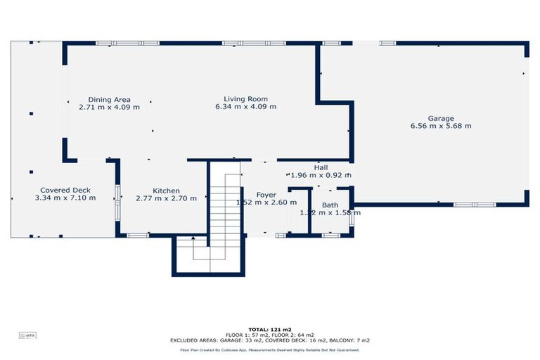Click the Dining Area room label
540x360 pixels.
109,99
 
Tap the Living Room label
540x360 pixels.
245,98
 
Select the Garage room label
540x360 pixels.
441,118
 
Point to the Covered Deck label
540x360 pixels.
65,190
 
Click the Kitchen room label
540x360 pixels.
167,191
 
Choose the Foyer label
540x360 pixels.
266,195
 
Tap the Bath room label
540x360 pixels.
330,205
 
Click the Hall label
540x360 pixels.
321,167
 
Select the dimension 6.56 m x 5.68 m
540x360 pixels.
441,126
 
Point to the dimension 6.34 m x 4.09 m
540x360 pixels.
245,107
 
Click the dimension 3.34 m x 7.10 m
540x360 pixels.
65,198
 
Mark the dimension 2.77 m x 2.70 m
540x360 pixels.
166,198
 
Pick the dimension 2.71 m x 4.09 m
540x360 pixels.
109,107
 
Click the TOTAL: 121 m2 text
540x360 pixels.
269,329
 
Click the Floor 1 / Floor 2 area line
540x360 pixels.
269,335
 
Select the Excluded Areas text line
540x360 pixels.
269,340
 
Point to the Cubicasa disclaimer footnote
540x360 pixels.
269,349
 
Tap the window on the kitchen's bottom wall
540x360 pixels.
137,235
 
